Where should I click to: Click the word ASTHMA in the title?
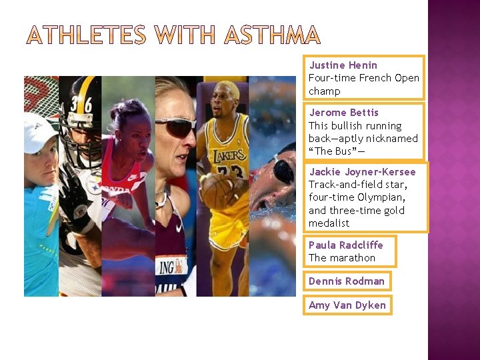pyautogui.click(x=272, y=35)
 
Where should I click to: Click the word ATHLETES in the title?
pyautogui.click(x=86, y=35)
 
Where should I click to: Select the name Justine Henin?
pyautogui.click(x=343, y=65)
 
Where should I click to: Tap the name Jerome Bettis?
pyautogui.click(x=343, y=113)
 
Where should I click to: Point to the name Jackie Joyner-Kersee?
pyautogui.click(x=362, y=172)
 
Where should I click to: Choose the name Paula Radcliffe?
pyautogui.click(x=345, y=245)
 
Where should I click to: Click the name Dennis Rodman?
pyautogui.click(x=346, y=281)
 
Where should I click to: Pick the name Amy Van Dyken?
pyautogui.click(x=347, y=305)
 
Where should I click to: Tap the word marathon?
pyautogui.click(x=352, y=258)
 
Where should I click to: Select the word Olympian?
pyautogui.click(x=382, y=197)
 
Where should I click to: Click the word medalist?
pyautogui.click(x=329, y=223)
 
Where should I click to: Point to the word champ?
pyautogui.click(x=324, y=91)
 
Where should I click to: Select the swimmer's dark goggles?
pyautogui.click(x=283, y=170)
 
